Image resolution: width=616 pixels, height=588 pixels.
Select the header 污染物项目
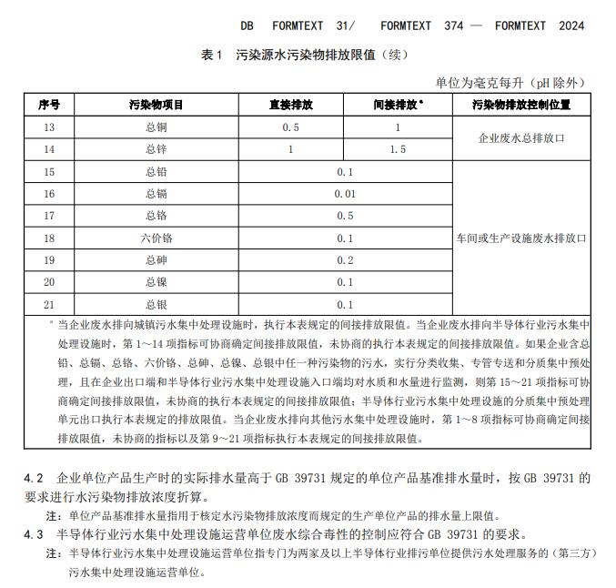[156, 105]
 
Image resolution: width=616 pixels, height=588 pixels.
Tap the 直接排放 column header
[290, 105]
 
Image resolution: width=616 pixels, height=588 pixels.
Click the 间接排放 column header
[397, 105]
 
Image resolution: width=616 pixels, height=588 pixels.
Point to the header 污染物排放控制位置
[521, 105]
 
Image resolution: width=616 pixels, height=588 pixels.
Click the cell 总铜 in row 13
[156, 127]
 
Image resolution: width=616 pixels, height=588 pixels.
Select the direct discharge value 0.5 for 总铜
[290, 127]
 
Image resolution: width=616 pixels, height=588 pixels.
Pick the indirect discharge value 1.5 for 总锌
[398, 149]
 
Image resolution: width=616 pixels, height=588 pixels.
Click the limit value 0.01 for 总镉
[344, 194]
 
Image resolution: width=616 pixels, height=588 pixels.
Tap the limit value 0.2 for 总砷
[344, 260]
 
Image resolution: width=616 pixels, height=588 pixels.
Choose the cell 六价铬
[156, 238]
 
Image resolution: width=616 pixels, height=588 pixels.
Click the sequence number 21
[49, 304]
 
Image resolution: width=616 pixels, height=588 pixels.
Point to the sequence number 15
[49, 171]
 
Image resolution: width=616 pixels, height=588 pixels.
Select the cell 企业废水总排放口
[521, 138]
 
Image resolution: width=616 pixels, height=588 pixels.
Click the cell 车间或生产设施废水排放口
[521, 238]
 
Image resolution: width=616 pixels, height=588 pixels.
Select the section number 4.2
[34, 478]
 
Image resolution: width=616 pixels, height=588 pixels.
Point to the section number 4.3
[34, 533]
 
